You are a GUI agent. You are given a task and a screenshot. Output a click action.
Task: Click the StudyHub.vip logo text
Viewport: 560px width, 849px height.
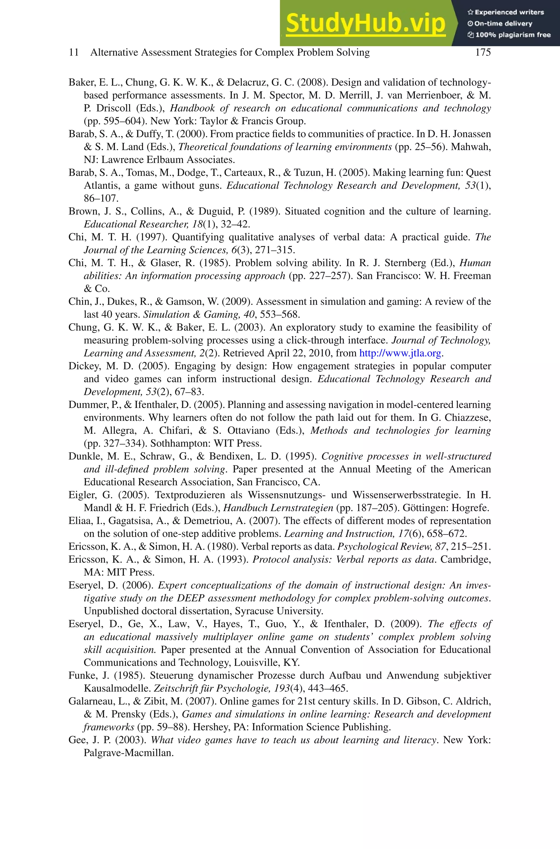point(365,23)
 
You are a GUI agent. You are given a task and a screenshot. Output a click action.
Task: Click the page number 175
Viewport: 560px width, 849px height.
point(483,52)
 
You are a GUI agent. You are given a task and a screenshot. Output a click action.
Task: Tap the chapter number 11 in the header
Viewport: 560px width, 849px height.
point(74,52)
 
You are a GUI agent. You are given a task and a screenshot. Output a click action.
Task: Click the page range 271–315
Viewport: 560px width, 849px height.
point(275,250)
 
